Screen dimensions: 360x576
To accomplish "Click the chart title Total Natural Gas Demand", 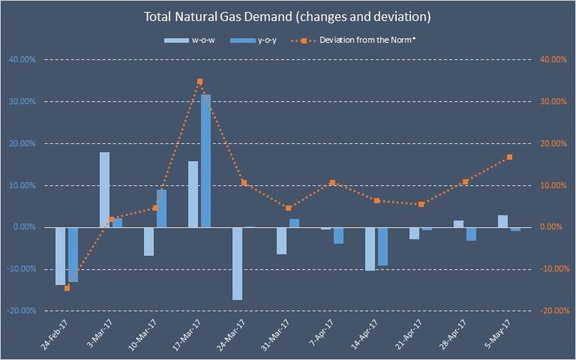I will [287, 15].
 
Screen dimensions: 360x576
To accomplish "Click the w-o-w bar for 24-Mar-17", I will [237, 263].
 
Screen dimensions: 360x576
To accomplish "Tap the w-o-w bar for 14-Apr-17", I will [370, 248].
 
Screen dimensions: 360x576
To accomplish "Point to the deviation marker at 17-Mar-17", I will [199, 81].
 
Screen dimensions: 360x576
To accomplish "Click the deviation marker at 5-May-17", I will [509, 157].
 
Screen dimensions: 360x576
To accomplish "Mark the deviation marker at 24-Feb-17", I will [67, 288].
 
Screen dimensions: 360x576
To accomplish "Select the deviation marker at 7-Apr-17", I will [332, 182].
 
